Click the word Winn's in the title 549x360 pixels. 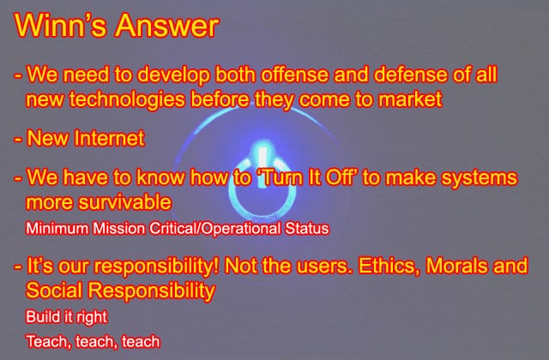click(59, 25)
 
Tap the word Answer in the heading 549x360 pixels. click(166, 25)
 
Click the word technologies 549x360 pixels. click(127, 99)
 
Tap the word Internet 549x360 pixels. click(110, 138)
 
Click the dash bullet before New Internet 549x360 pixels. click(18, 139)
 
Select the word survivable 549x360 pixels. click(124, 202)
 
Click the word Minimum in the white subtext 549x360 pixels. click(57, 229)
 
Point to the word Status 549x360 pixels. click(307, 229)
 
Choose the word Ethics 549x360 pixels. click(389, 266)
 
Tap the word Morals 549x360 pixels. click(456, 266)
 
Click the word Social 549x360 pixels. click(54, 291)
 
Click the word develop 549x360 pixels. click(173, 75)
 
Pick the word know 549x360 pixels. click(160, 177)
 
